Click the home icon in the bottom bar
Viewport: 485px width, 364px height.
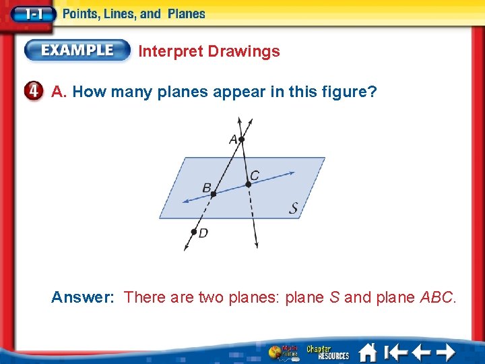pos(367,352)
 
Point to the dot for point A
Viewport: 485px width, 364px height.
pos(242,140)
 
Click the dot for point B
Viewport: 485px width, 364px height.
pos(214,194)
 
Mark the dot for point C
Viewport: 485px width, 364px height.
pos(248,184)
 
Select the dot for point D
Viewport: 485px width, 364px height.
pos(193,231)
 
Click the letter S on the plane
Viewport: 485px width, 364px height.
pos(294,208)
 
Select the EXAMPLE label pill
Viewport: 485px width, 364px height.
pos(78,51)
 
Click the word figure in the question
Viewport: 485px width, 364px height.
pos(344,91)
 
